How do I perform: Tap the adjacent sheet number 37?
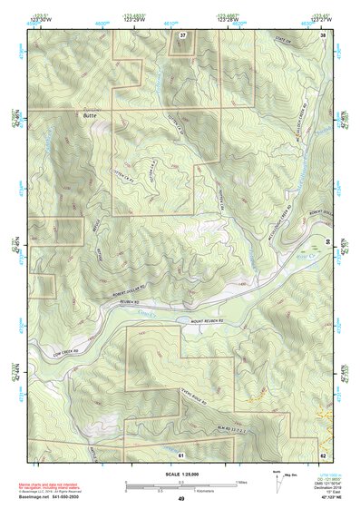click(x=183, y=34)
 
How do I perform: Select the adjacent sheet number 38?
click(x=324, y=34)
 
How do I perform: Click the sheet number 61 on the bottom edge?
click(x=181, y=454)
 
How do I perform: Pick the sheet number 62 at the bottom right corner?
click(x=323, y=454)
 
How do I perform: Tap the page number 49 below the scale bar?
click(x=181, y=499)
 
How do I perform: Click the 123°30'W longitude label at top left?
click(x=36, y=17)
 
